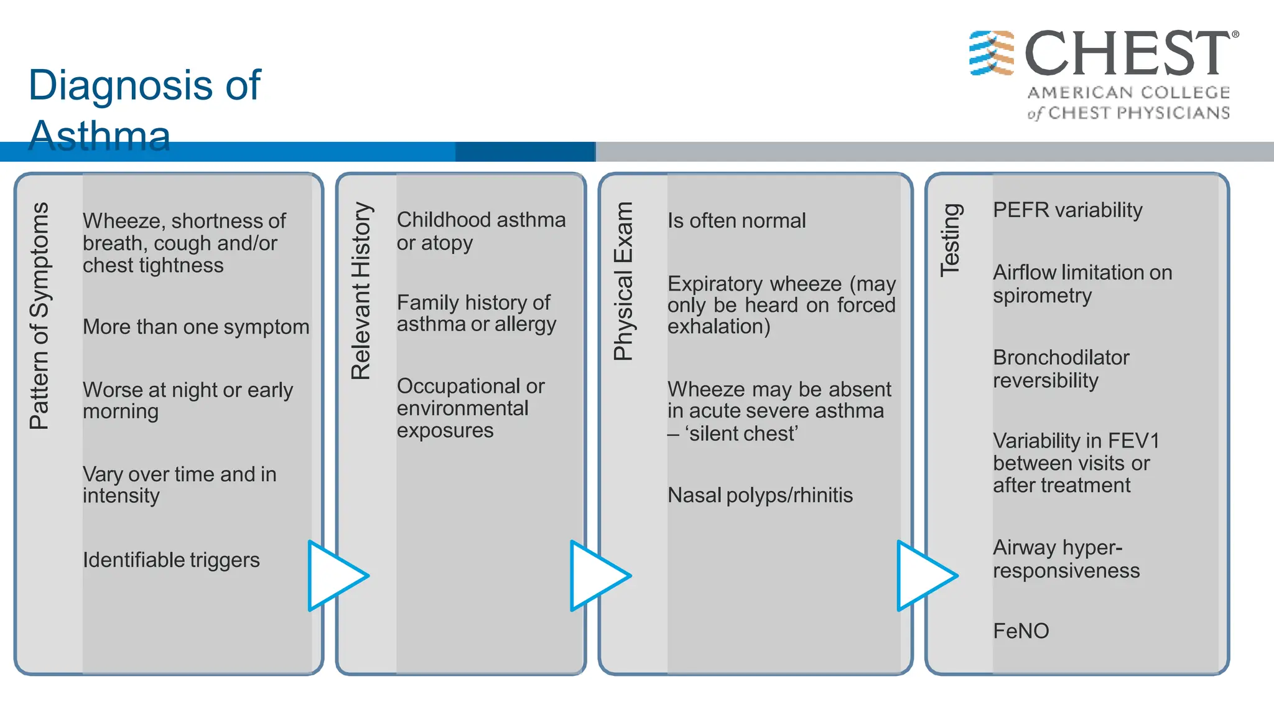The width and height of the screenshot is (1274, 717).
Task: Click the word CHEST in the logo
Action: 1127,54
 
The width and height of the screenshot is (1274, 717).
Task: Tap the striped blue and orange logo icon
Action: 992,53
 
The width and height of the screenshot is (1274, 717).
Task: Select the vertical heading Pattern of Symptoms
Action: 39,316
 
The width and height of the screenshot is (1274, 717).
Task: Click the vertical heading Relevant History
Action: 361,291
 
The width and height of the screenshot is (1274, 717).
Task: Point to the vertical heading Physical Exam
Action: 623,281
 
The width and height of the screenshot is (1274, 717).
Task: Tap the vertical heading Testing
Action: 951,240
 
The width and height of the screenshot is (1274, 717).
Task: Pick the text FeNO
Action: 1021,631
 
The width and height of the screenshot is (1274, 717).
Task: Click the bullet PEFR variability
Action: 1067,210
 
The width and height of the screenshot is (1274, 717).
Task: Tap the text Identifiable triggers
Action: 171,560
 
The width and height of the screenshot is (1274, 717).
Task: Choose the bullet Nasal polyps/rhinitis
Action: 760,495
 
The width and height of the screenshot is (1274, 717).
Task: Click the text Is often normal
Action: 737,221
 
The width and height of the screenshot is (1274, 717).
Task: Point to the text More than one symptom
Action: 196,327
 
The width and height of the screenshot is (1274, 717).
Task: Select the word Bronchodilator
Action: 1061,358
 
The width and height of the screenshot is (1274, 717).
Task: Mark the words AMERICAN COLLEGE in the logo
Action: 1128,93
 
